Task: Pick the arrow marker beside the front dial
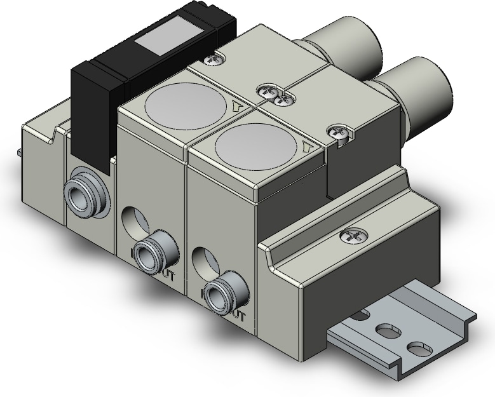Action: (309, 147)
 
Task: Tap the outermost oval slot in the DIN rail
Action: (417, 348)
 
